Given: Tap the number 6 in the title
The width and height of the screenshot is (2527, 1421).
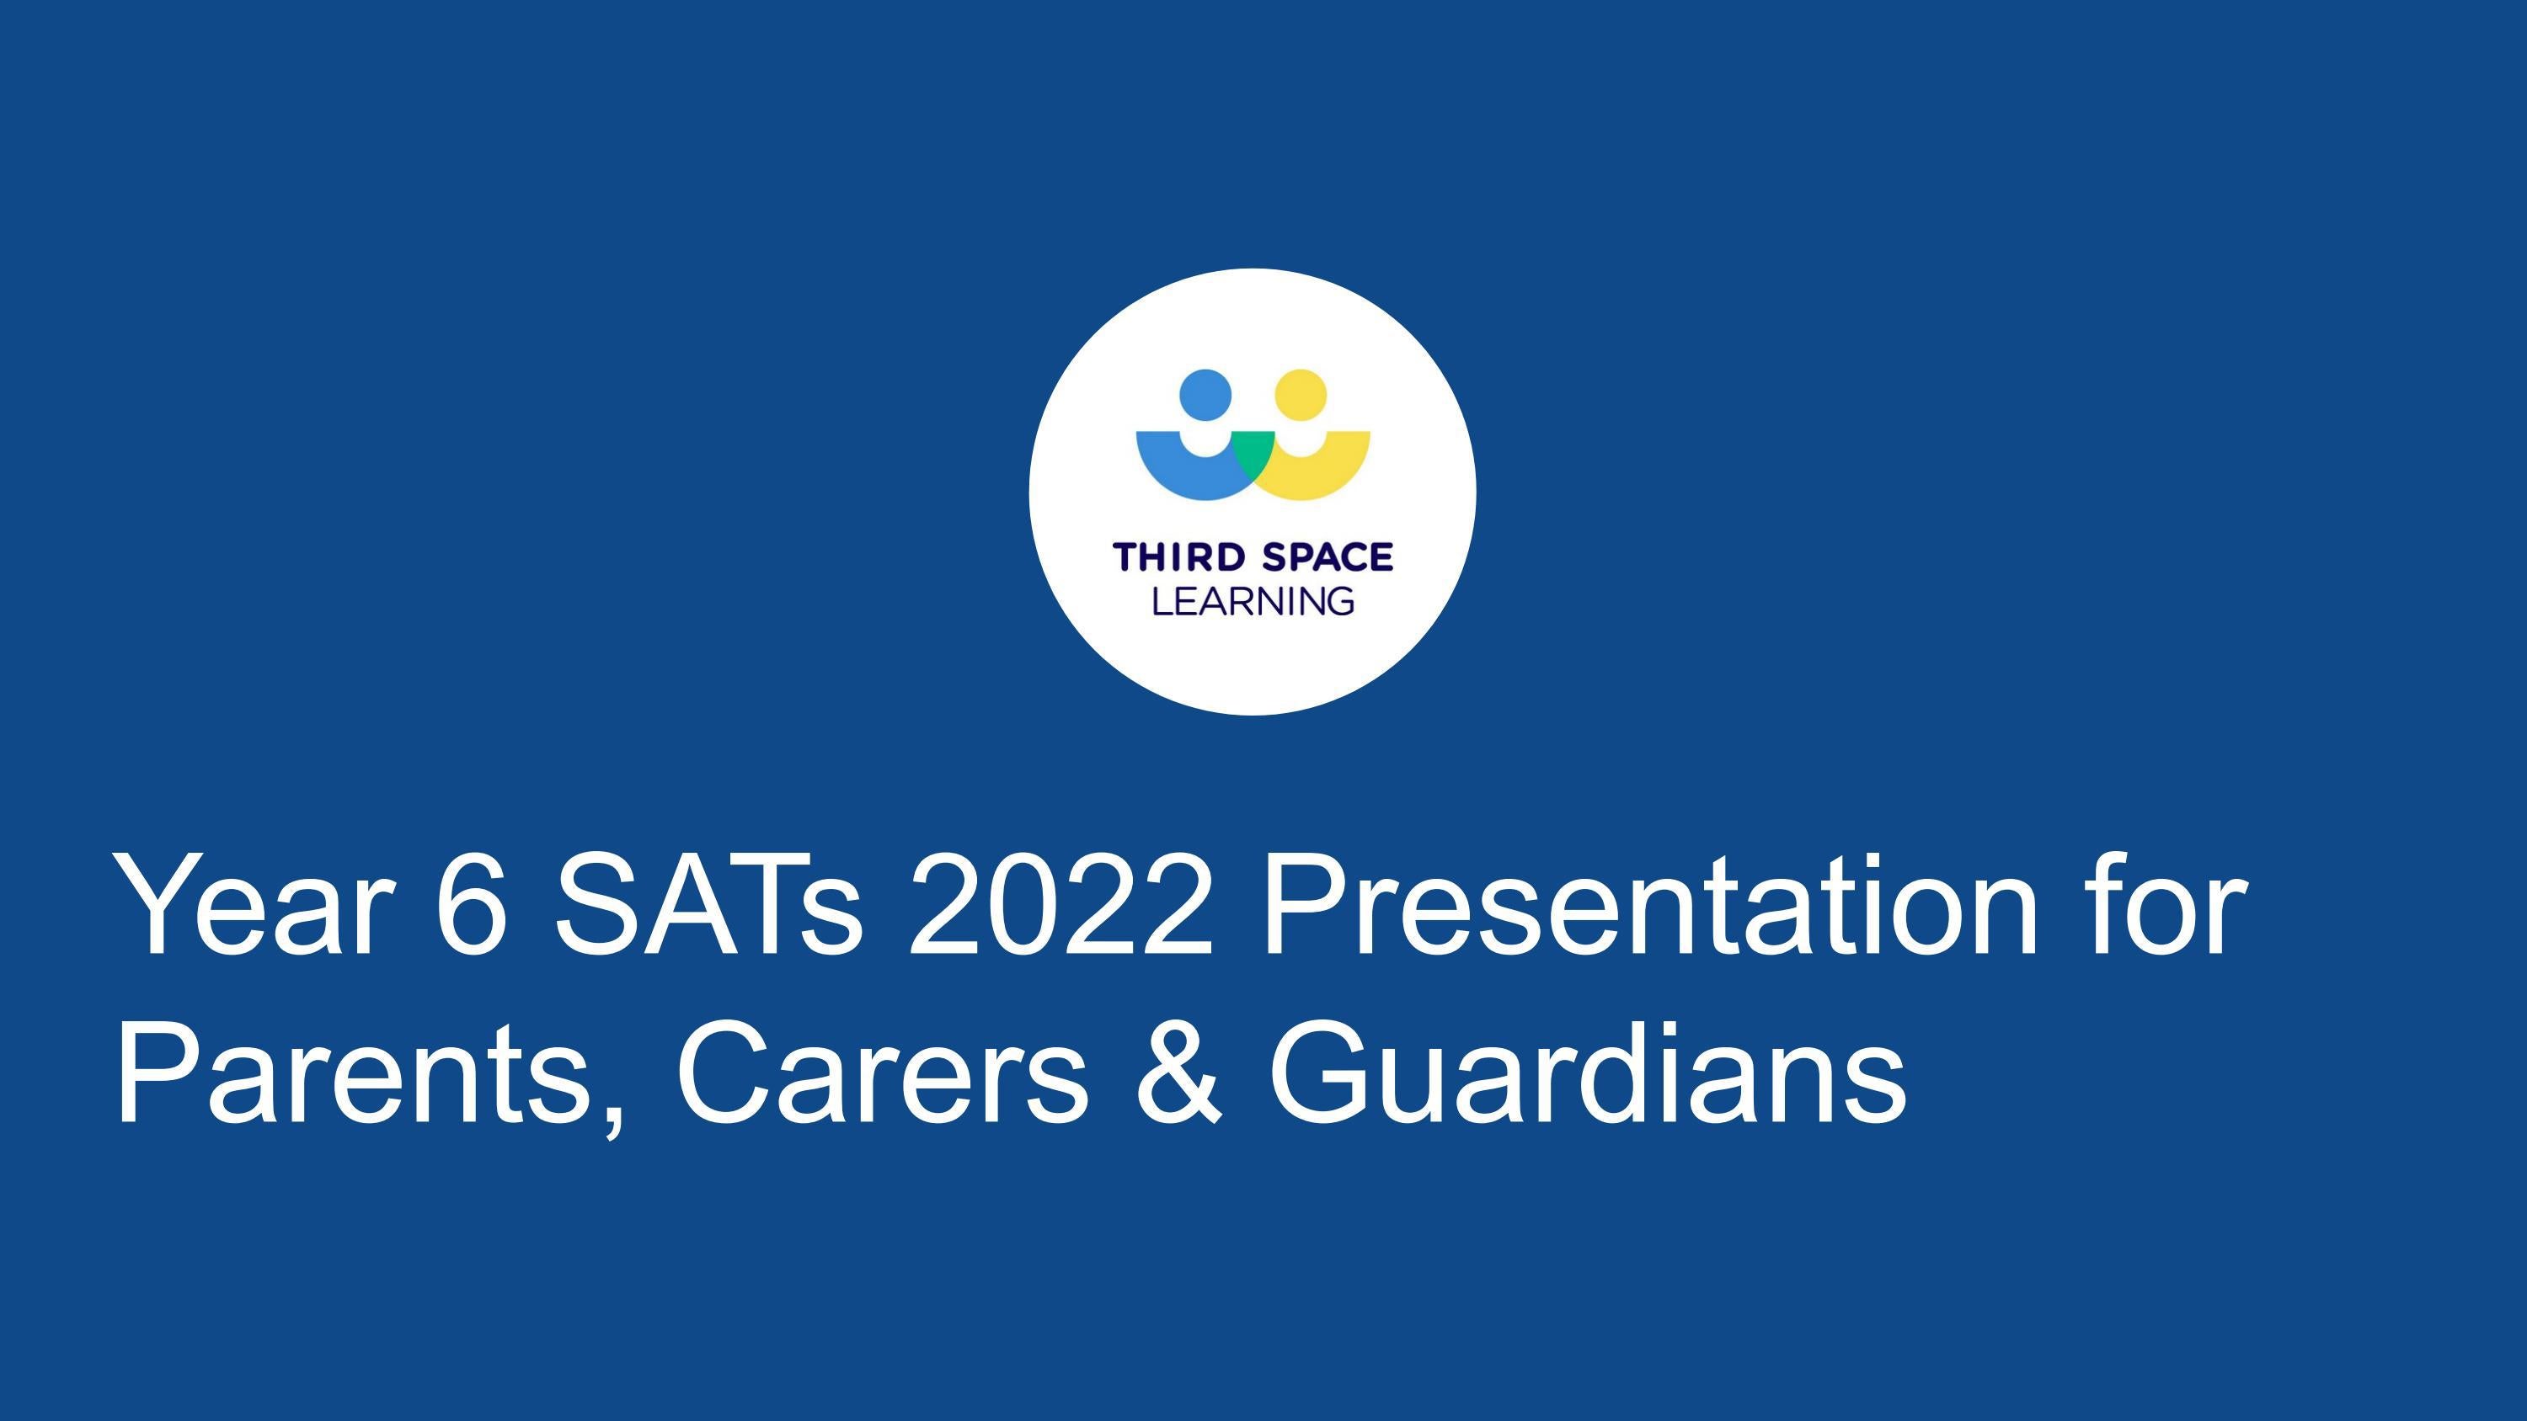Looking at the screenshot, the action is point(472,904).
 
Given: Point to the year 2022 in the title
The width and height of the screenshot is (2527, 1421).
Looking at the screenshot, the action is point(1060,904).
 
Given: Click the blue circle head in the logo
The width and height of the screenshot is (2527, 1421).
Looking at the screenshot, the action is point(1205,395).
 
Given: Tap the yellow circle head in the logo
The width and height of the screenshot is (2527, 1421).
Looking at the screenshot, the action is point(1301,395).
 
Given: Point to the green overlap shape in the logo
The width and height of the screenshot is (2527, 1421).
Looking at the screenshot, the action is point(1253,459).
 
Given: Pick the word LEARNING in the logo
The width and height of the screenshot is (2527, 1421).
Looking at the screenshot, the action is point(1253,601).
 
